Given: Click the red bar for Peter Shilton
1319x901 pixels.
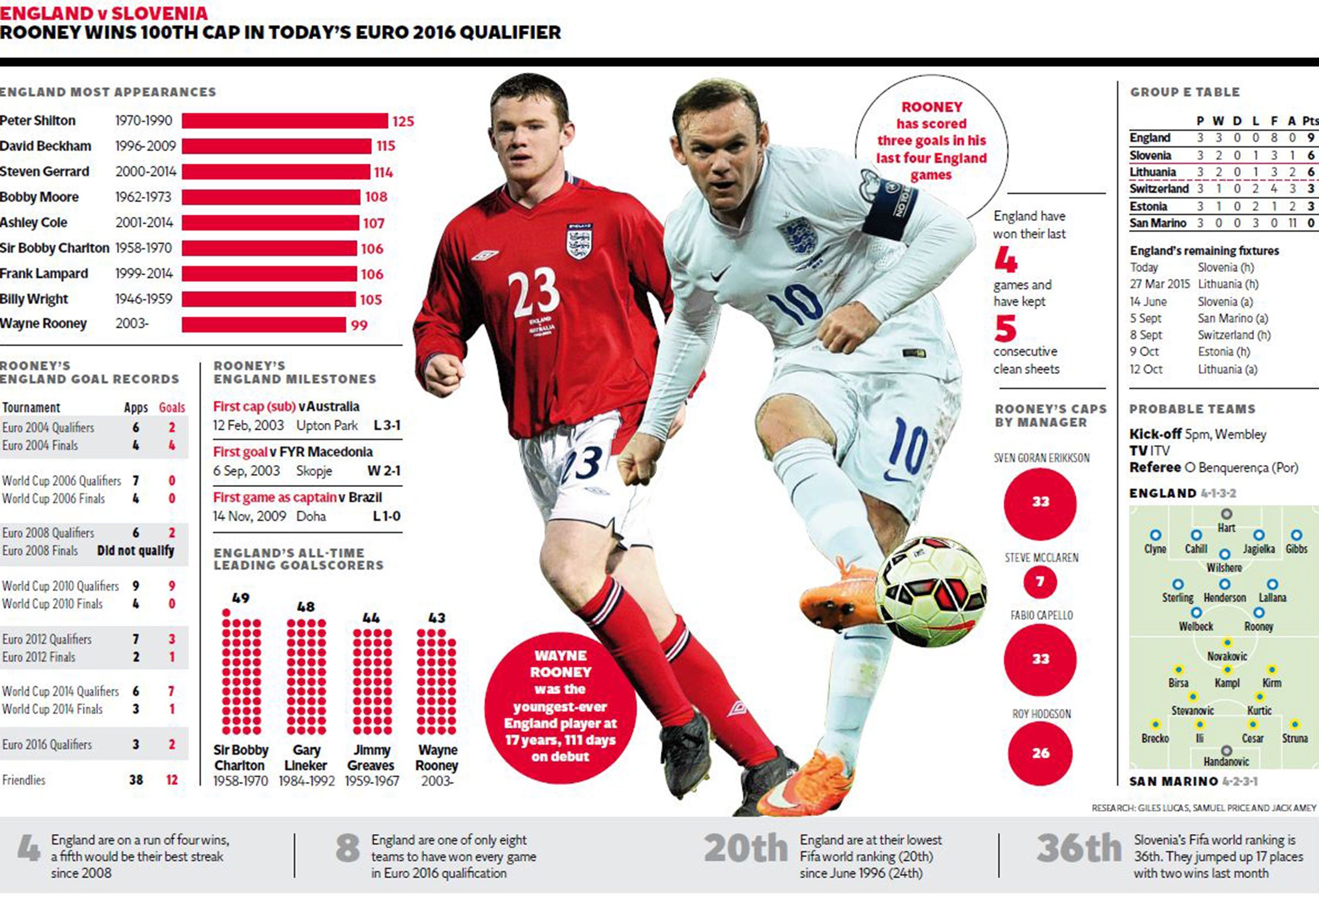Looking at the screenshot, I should click(x=285, y=121).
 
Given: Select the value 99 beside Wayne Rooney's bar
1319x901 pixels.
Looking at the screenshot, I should click(x=359, y=326).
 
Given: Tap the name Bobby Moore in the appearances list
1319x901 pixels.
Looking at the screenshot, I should click(x=39, y=197).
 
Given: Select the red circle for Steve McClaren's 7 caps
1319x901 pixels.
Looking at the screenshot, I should click(x=1040, y=582).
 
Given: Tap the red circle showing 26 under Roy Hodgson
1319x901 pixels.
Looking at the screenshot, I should click(x=1040, y=753).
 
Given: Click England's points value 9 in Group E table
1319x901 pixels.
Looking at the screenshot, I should click(x=1311, y=138).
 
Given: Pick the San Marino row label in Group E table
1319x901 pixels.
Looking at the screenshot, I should click(x=1158, y=223).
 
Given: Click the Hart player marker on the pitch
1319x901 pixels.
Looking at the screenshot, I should click(x=1226, y=514).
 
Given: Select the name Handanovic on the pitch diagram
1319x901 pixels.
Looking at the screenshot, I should click(x=1226, y=762).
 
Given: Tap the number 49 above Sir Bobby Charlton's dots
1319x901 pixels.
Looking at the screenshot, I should click(x=241, y=598).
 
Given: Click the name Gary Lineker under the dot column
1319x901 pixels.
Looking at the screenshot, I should click(x=306, y=758).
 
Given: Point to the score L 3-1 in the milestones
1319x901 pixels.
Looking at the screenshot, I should click(x=387, y=425).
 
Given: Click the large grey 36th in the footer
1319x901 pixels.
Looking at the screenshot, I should click(x=1078, y=848).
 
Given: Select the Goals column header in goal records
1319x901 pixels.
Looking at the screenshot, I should click(x=172, y=408).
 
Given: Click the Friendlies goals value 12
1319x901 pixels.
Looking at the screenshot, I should click(x=172, y=780).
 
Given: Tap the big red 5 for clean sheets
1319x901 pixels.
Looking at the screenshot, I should click(x=1005, y=328).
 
